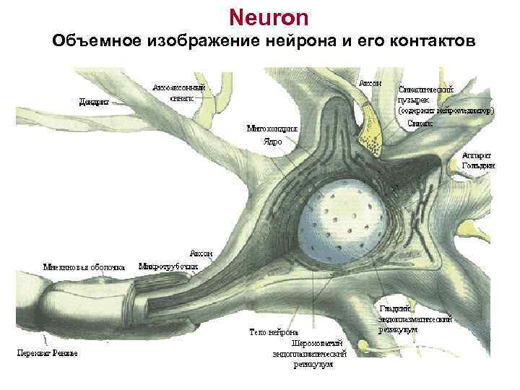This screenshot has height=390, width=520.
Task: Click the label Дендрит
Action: [x=94, y=102]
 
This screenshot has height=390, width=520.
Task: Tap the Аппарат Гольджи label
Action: [x=477, y=160]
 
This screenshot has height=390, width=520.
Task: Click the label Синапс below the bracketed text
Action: [x=419, y=123]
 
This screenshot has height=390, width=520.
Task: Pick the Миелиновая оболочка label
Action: [x=84, y=266]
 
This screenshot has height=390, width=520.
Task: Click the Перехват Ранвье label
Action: [x=48, y=353]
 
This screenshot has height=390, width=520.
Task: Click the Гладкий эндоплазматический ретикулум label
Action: [x=415, y=318]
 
